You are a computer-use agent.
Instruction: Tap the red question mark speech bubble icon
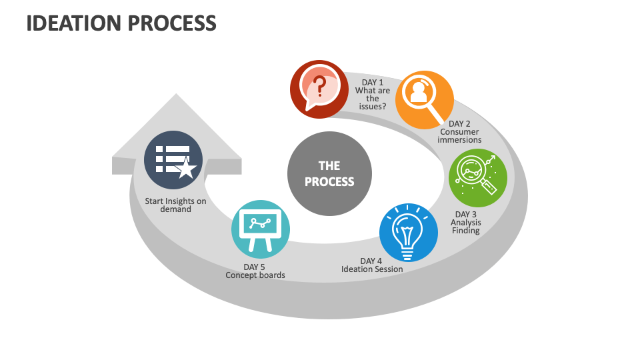[319, 89]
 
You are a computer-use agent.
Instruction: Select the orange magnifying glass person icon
[425, 100]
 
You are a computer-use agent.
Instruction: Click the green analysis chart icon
[478, 177]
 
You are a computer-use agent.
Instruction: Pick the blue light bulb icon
[408, 233]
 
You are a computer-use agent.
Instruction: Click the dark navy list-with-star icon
[173, 160]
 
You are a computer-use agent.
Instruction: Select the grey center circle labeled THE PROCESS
[329, 173]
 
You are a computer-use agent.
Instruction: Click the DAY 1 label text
[372, 83]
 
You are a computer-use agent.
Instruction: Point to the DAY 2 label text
[459, 124]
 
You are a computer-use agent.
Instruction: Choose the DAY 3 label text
[465, 214]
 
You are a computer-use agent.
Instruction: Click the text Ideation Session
[372, 269]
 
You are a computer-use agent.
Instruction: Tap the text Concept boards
[255, 275]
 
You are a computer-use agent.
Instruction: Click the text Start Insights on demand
[175, 205]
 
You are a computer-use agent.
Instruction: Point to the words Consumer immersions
[459, 136]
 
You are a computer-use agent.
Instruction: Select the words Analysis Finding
[465, 227]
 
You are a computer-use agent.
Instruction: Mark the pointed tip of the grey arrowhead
[177, 95]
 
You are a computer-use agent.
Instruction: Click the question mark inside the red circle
[320, 85]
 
